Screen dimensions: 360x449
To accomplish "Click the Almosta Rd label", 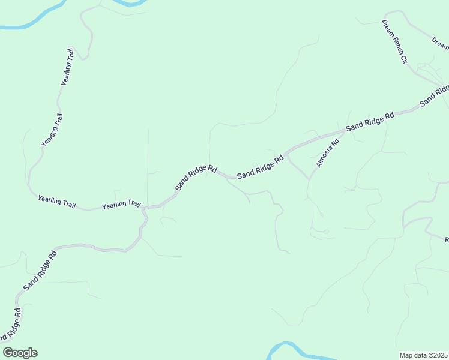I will pyautogui.click(x=328, y=154).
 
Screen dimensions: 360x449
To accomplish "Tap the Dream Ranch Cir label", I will pyautogui.click(x=395, y=42).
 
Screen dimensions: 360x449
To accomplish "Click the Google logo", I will pyautogui.click(x=20, y=353).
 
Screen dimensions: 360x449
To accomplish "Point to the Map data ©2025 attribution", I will pyautogui.click(x=423, y=355).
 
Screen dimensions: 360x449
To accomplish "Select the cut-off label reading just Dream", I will pyautogui.click(x=440, y=41).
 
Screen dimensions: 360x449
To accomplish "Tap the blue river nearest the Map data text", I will pyautogui.click(x=288, y=349).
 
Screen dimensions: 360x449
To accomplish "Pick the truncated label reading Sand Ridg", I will pyautogui.click(x=434, y=95).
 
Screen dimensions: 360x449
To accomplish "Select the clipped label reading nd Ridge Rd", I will pyautogui.click(x=11, y=326).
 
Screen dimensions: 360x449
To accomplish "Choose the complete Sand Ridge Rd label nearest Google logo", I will pyautogui.click(x=40, y=271).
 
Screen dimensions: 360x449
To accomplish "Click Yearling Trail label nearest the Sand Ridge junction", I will pyautogui.click(x=121, y=205).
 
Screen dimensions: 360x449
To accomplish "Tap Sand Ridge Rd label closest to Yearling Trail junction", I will pyautogui.click(x=196, y=178).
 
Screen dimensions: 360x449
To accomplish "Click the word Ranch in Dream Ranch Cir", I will pyautogui.click(x=395, y=44).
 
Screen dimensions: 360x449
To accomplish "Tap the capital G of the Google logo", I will pyautogui.click(x=8, y=353).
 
